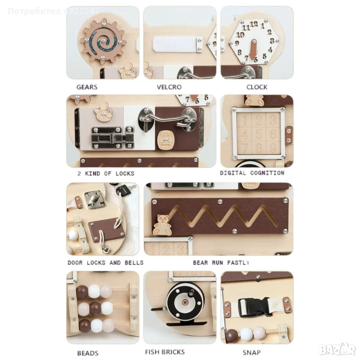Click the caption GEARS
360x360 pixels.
click(87, 87)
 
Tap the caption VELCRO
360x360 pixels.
click(169, 87)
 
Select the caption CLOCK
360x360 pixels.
click(257, 87)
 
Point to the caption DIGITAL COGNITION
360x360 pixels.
click(252, 173)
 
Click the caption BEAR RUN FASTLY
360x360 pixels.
click(221, 262)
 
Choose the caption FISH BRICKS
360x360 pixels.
click(165, 352)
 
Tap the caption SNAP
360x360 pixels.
click(252, 352)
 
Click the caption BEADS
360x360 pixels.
click(88, 353)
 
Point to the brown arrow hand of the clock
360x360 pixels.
click(254, 51)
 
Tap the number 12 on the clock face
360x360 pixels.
click(254, 24)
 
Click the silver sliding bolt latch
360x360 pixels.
click(112, 138)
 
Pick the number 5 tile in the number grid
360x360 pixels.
click(259, 134)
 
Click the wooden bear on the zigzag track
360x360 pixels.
click(162, 225)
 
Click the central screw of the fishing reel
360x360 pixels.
click(185, 302)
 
